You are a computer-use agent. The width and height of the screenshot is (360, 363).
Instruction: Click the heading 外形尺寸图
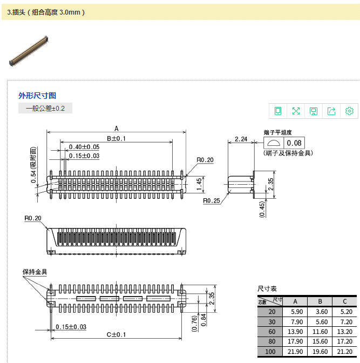click(x=37, y=96)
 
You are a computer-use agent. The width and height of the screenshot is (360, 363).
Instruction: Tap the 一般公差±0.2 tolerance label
click(x=45, y=109)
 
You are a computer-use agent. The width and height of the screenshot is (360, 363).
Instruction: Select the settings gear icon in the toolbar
click(x=349, y=111)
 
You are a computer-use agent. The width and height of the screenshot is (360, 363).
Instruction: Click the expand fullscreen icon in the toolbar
click(x=296, y=111)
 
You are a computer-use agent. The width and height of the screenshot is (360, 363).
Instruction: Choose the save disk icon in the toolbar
click(x=314, y=111)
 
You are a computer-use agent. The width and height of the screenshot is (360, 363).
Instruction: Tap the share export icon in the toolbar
click(x=331, y=111)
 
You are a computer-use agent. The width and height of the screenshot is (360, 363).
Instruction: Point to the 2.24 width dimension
click(x=241, y=139)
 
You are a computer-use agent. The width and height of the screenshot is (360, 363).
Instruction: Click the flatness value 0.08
click(x=295, y=143)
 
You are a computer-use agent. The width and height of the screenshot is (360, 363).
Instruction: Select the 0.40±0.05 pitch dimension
click(x=84, y=147)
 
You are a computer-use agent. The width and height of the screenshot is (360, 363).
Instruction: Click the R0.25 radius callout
click(x=211, y=201)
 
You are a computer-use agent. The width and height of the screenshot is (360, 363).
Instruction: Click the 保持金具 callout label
click(x=35, y=272)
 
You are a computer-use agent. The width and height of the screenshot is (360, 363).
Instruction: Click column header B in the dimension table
click(x=320, y=301)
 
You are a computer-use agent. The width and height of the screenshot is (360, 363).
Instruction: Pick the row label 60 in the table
click(x=271, y=332)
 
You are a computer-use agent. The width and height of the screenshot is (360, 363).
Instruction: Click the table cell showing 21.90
click(x=296, y=352)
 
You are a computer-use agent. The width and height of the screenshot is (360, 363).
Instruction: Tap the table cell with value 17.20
click(x=344, y=342)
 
